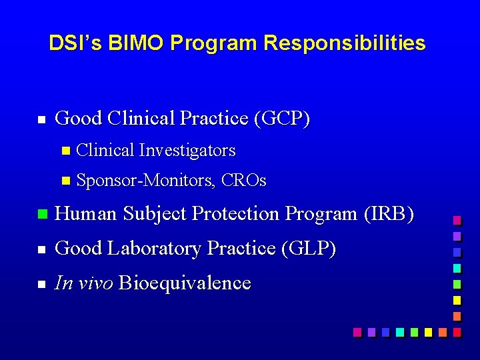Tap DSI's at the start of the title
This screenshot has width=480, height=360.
pos(73,43)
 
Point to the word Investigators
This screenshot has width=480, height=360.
pos(187,151)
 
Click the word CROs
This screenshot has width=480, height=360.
pos(243,181)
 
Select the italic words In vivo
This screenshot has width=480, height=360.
pos(84,283)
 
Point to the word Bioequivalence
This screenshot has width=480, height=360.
pos(185,283)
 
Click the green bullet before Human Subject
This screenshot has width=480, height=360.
pos(41,215)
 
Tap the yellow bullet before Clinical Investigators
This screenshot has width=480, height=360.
pos(65,151)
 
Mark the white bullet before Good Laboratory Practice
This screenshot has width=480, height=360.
pos(41,249)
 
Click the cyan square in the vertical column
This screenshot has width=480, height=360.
pos(457,268)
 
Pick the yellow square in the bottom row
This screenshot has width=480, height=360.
pos(428,331)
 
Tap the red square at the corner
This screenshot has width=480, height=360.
pos(457,331)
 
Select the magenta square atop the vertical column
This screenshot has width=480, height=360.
pos(457,220)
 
